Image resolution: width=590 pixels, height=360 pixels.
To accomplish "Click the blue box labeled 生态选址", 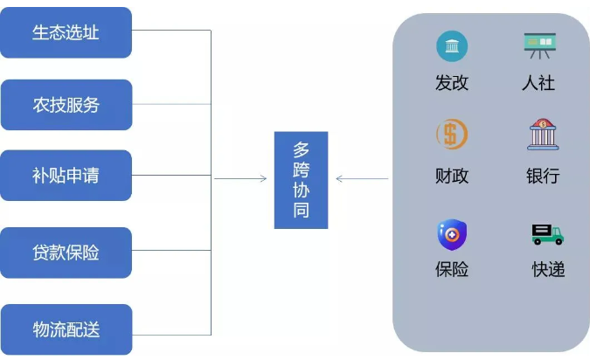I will tap(66, 32).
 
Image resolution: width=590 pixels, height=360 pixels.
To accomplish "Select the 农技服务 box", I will tap(66, 105).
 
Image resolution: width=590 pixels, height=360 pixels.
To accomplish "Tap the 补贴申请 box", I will tap(66, 175).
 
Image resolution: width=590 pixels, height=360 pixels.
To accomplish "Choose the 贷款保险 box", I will tap(66, 253).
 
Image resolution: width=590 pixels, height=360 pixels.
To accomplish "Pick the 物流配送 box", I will tap(66, 329).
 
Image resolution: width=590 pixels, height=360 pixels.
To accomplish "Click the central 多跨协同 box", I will tap(301, 180).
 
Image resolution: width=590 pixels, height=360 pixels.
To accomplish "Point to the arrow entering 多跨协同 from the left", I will tap(241, 179).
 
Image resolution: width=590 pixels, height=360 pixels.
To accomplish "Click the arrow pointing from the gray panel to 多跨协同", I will tap(361, 180).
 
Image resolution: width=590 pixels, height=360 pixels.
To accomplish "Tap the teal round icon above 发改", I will tap(452, 45).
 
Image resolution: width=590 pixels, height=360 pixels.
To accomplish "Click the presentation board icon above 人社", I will tap(540, 45).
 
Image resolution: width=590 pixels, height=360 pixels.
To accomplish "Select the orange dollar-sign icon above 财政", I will tap(451, 135).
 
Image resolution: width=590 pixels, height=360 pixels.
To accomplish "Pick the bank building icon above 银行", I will tap(543, 135).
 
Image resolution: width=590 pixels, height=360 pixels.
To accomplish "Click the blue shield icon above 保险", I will tap(452, 234).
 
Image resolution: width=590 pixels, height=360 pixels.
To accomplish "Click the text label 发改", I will tap(452, 84).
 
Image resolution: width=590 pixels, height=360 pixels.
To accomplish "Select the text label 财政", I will tap(452, 176).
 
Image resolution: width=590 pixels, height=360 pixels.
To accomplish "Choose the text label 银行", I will tap(543, 176).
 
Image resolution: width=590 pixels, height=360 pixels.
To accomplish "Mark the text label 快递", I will tap(548, 270).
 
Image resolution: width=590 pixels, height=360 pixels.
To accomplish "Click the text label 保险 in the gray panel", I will tap(452, 270).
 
